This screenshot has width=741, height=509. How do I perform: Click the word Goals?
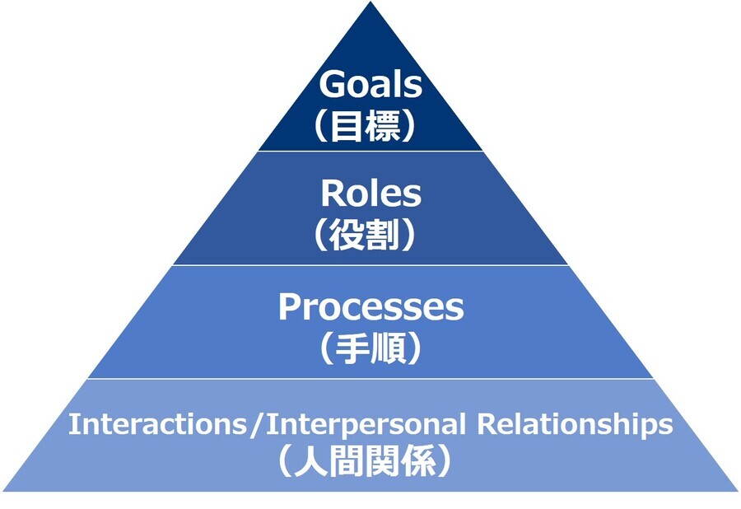point(370,85)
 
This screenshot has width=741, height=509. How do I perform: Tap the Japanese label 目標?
point(370,125)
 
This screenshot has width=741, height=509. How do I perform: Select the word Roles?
point(370,194)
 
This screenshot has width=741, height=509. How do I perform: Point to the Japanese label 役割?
point(370,235)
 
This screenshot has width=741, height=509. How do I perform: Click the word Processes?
point(370,308)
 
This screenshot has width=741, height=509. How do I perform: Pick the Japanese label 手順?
point(370,348)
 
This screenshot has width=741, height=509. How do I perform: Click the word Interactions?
point(157,425)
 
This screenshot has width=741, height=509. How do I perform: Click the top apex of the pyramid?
point(370,4)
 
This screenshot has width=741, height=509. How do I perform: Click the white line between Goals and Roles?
point(370,151)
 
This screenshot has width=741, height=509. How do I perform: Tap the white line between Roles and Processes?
point(370,265)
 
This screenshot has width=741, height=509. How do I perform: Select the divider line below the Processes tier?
point(370,379)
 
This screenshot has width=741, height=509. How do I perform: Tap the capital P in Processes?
point(289,307)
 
